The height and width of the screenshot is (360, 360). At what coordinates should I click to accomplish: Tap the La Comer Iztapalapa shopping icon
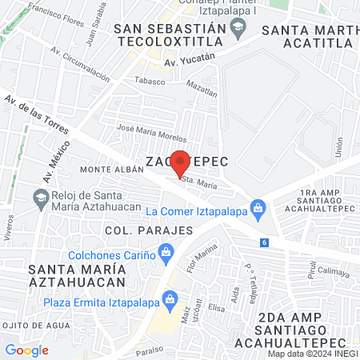tap(258, 210)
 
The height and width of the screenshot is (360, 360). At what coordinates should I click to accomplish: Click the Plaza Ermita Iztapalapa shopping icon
tap(170, 300)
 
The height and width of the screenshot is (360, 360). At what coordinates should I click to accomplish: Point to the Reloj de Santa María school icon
tap(39, 197)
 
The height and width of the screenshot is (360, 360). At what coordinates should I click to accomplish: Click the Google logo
tap(26, 350)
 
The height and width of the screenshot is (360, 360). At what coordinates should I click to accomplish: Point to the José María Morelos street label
tap(152, 133)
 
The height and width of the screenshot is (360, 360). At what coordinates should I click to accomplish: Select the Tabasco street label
tap(148, 81)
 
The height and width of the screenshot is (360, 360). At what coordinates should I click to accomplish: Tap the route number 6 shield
tap(264, 242)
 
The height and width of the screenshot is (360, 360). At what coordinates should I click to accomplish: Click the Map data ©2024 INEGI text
tap(311, 353)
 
